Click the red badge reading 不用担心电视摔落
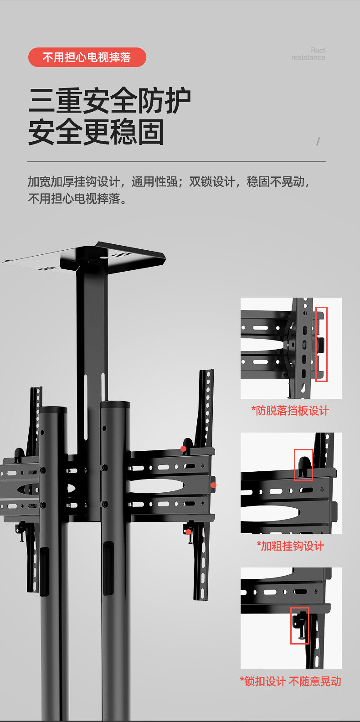[87, 57]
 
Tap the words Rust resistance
[309, 54]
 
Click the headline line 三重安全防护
[109, 101]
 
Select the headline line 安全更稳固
[96, 132]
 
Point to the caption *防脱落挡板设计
[290, 411]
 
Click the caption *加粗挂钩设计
[290, 546]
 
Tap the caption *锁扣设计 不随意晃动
[290, 681]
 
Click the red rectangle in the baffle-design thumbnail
[321, 344]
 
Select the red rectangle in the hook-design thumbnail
[303, 465]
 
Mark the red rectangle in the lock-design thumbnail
[299, 625]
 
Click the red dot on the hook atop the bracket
[183, 449]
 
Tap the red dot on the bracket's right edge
[213, 485]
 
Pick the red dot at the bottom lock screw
[188, 532]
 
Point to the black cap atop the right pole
[115, 404]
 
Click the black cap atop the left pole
[53, 410]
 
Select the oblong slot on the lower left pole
[44, 572]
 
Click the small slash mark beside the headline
[318, 141]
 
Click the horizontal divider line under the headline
[176, 161]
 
